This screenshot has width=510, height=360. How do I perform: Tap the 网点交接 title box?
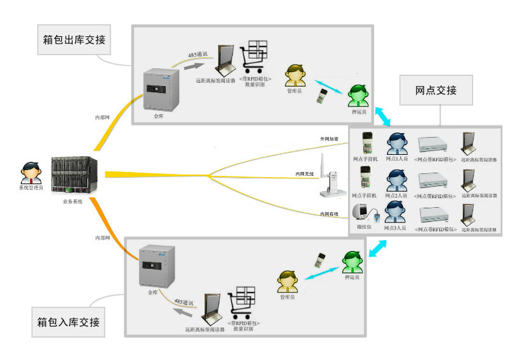pos(436,90)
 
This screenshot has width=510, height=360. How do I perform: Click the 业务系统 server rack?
pos(73,177)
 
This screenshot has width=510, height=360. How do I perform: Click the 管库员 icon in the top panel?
pos(294,76)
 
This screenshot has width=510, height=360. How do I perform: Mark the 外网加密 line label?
pos(330,138)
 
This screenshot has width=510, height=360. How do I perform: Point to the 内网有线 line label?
pos(330,214)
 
